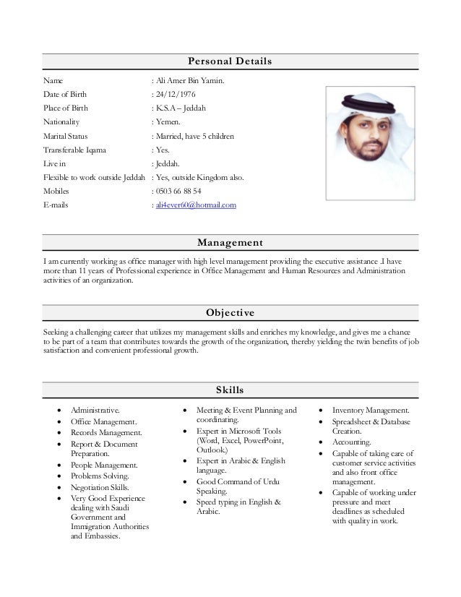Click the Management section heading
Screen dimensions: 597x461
[230, 242]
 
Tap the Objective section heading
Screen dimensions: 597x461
[230, 312]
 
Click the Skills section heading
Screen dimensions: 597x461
[230, 391]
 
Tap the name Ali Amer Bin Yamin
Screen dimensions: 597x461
[187, 81]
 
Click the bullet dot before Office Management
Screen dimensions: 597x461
[59, 421]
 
